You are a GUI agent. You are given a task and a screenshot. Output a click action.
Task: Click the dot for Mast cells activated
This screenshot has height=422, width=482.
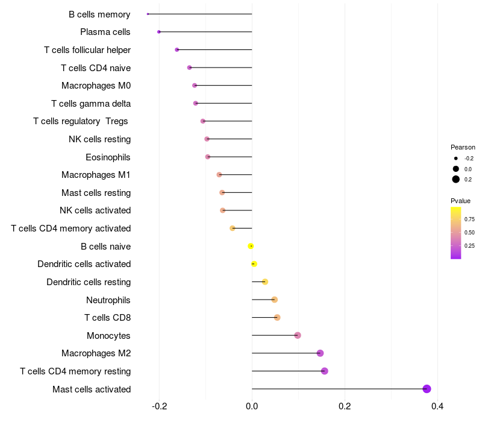(x=427, y=389)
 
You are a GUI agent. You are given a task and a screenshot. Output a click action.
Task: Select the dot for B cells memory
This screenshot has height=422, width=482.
(x=148, y=14)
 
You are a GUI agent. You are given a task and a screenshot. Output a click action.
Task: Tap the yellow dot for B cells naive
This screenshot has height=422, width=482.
(x=251, y=246)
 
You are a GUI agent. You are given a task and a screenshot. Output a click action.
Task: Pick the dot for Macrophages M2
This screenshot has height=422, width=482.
(x=320, y=353)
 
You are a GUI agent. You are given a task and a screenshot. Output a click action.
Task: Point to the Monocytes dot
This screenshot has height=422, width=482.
(x=297, y=335)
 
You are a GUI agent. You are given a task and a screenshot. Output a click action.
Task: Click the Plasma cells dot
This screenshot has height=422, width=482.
(x=159, y=32)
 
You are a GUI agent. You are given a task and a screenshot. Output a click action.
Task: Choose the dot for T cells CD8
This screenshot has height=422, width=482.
(x=277, y=318)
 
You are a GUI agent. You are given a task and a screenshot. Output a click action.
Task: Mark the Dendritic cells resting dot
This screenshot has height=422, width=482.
(x=265, y=282)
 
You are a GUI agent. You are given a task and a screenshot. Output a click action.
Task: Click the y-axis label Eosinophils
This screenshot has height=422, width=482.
(x=108, y=157)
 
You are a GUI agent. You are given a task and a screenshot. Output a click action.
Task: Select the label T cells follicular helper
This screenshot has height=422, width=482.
(x=87, y=50)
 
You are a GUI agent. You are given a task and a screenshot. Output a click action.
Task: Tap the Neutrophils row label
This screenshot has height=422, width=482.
(x=108, y=300)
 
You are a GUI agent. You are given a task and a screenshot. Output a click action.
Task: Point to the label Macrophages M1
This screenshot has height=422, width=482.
(x=96, y=175)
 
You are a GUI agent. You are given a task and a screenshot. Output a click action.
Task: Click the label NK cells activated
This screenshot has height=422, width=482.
(x=95, y=210)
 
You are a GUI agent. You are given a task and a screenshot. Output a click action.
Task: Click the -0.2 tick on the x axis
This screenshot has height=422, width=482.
(x=159, y=406)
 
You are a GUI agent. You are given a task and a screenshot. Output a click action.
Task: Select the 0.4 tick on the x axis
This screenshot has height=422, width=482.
(x=437, y=406)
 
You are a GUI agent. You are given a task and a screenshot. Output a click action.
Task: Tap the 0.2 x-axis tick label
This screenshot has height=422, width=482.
(x=345, y=406)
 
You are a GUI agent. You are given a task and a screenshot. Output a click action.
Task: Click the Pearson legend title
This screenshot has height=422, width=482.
(x=463, y=147)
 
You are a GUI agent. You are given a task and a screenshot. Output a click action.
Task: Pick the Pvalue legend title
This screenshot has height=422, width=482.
(x=460, y=201)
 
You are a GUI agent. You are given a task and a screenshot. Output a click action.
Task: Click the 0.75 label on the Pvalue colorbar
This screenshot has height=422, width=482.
(x=469, y=219)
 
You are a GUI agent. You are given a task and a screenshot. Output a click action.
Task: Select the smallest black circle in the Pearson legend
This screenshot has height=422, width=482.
(x=456, y=159)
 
